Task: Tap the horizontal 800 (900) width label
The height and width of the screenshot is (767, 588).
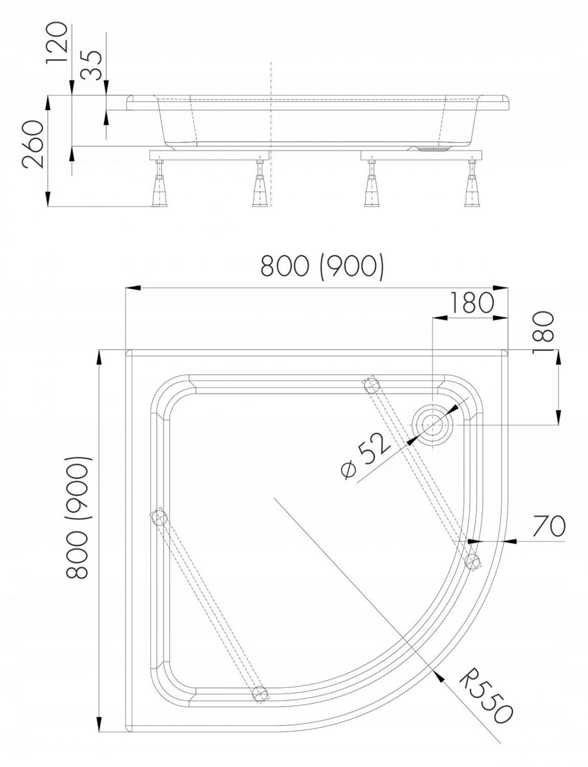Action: [x=322, y=266]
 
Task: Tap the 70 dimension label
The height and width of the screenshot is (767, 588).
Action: [x=548, y=526]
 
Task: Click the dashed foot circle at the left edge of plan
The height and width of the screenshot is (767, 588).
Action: [x=159, y=517]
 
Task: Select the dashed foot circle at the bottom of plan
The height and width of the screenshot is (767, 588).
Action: [x=260, y=693]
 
